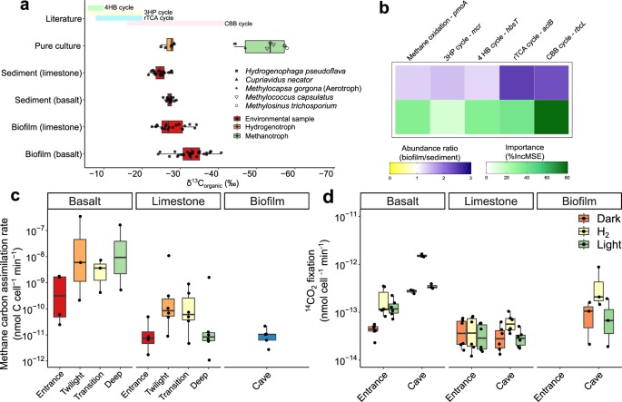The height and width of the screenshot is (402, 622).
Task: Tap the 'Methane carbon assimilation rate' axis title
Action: [x=13, y=290]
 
